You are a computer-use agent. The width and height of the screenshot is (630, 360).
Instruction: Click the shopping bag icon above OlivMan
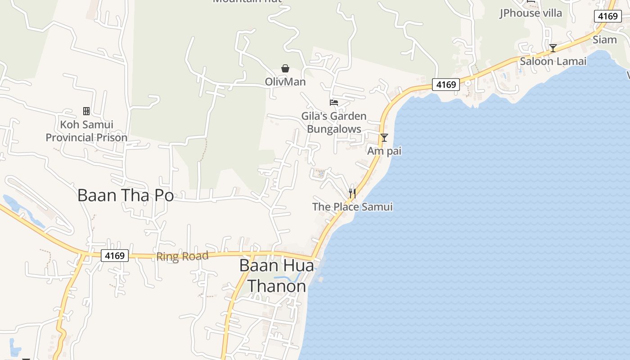(285, 68)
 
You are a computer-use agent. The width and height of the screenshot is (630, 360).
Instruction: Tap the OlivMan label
(285, 82)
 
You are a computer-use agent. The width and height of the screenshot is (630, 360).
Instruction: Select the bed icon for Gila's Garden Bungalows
(334, 103)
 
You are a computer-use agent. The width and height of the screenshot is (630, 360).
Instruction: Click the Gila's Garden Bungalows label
(334, 122)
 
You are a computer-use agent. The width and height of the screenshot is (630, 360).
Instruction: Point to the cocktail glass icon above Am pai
(384, 138)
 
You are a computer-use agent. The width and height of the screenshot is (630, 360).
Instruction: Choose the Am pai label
(384, 151)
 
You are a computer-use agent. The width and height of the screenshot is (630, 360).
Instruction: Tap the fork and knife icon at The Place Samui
(352, 193)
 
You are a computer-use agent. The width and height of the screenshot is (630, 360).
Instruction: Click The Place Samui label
(352, 207)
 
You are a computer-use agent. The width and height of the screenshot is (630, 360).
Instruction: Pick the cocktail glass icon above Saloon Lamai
(553, 48)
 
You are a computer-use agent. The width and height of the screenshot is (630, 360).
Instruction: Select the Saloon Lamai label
(553, 61)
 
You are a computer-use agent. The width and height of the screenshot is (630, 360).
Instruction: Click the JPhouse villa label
(531, 13)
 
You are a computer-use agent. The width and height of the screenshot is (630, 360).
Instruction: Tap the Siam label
(604, 40)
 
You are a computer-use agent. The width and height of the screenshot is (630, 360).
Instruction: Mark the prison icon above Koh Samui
(86, 111)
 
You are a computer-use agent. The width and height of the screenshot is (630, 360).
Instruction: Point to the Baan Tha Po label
(126, 195)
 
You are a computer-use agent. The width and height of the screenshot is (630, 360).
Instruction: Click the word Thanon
(277, 286)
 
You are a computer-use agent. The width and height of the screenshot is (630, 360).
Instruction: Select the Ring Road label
(182, 256)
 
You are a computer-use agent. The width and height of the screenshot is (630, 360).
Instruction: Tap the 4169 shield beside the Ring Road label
(114, 256)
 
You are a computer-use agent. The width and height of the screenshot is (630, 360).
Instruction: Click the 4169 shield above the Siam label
(607, 16)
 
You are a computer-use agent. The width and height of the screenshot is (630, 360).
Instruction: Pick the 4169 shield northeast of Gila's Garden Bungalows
(446, 84)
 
